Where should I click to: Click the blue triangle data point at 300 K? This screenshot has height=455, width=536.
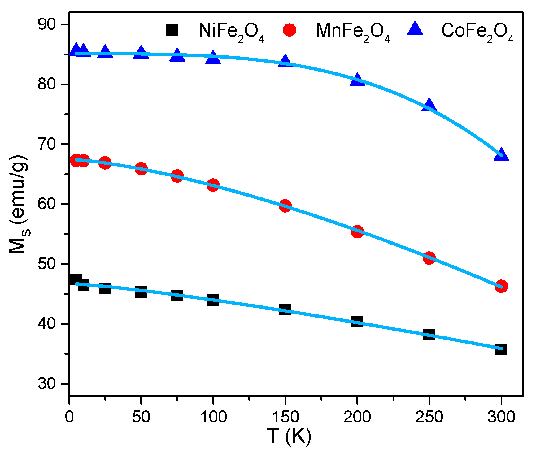coord(501,155)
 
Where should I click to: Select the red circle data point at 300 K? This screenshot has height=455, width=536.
coord(501,286)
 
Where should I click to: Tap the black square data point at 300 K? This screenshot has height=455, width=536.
coord(501,349)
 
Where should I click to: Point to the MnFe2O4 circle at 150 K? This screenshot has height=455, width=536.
coord(285,206)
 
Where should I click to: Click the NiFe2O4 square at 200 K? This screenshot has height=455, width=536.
coord(357,322)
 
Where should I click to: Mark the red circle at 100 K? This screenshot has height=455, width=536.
coord(213,185)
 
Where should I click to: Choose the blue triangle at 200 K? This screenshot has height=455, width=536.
coord(357,80)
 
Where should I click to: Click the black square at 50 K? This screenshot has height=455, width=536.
coord(141,292)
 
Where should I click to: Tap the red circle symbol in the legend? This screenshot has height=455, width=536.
coord(290,30)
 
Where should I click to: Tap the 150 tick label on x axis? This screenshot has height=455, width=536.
coord(285,417)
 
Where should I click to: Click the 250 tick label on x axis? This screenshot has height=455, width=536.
coord(429,417)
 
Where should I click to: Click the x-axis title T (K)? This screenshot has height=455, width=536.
coord(289,436)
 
